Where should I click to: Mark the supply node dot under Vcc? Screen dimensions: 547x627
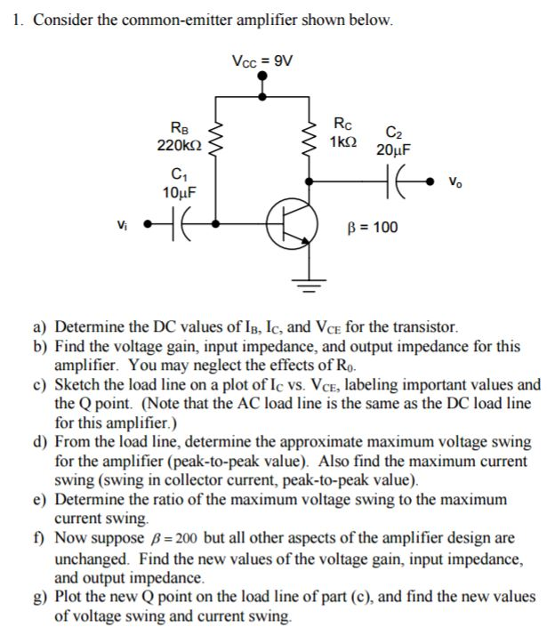coord(261,76)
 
